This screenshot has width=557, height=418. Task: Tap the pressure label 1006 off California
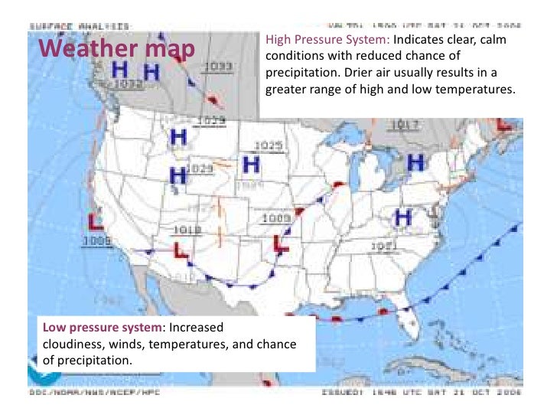click(97, 241)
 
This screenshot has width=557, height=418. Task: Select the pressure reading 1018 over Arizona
click(187, 230)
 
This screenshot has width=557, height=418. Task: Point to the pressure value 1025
click(269, 145)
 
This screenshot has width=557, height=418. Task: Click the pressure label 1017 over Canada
click(405, 125)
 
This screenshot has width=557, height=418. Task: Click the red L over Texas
click(279, 243)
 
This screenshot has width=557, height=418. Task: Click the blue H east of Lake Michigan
click(415, 162)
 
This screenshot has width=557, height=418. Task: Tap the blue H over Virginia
click(403, 217)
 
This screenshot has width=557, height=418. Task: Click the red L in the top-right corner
click(505, 122)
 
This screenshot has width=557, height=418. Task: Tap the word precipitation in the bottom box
click(93, 360)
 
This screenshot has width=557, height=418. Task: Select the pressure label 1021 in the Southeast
click(385, 246)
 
